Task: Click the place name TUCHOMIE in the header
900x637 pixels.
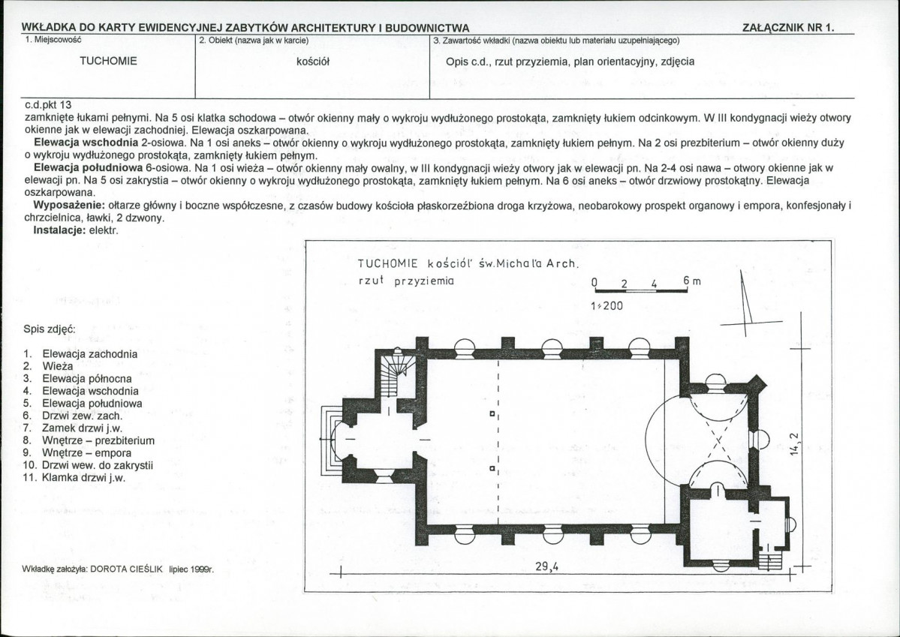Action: coord(109,61)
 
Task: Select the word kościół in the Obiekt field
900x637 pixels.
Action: coord(313,62)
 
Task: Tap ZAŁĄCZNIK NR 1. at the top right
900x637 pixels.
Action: coord(787,28)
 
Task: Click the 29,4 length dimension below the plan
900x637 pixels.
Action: coord(547,566)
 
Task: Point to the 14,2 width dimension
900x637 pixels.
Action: coord(794,443)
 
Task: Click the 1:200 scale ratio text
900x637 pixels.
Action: coord(606,306)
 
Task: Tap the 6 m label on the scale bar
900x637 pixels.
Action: coord(692,281)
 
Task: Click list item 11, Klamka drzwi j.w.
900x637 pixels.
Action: coord(74,477)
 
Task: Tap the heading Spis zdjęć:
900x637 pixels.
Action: coord(50,329)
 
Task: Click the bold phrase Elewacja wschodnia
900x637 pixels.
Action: coord(86,143)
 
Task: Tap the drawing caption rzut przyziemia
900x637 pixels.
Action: coord(406,281)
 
